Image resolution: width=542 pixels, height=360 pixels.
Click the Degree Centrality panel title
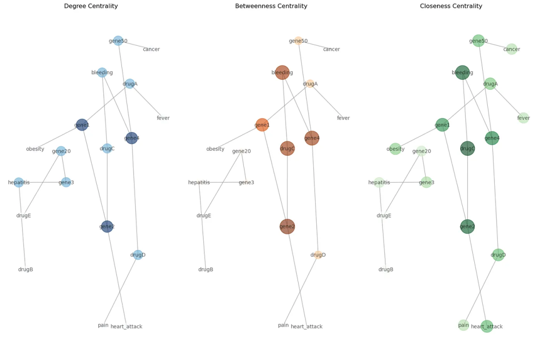(x=91, y=6)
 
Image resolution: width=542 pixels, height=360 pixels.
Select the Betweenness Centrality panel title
(x=271, y=6)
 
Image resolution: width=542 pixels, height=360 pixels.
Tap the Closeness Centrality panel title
(x=451, y=6)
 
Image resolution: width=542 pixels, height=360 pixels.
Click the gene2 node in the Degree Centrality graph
(x=107, y=226)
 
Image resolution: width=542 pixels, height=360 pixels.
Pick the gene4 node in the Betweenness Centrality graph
(x=312, y=138)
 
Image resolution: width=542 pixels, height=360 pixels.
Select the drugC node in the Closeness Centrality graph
(x=467, y=149)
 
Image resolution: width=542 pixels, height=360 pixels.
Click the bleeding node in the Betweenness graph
(x=282, y=72)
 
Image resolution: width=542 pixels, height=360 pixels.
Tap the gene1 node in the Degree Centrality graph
(x=82, y=125)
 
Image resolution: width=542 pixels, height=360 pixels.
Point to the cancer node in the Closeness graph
(x=511, y=49)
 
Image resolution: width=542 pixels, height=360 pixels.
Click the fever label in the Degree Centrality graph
(x=163, y=118)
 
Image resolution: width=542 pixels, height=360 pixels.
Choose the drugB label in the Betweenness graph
(x=206, y=270)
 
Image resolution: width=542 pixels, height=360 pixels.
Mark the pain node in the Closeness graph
(x=463, y=325)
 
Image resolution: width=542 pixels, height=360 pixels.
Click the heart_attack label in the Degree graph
(x=126, y=326)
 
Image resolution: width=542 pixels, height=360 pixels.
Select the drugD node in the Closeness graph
(x=498, y=255)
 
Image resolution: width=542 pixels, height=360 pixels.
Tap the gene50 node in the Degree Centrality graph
(x=118, y=41)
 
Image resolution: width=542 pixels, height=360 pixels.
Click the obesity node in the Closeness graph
(x=395, y=149)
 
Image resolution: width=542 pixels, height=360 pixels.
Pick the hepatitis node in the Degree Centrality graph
(x=19, y=182)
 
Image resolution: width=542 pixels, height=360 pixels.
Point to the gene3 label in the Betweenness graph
(x=246, y=182)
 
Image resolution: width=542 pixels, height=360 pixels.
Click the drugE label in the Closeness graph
(x=384, y=215)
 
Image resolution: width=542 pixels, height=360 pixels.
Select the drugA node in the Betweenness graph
(x=310, y=84)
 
